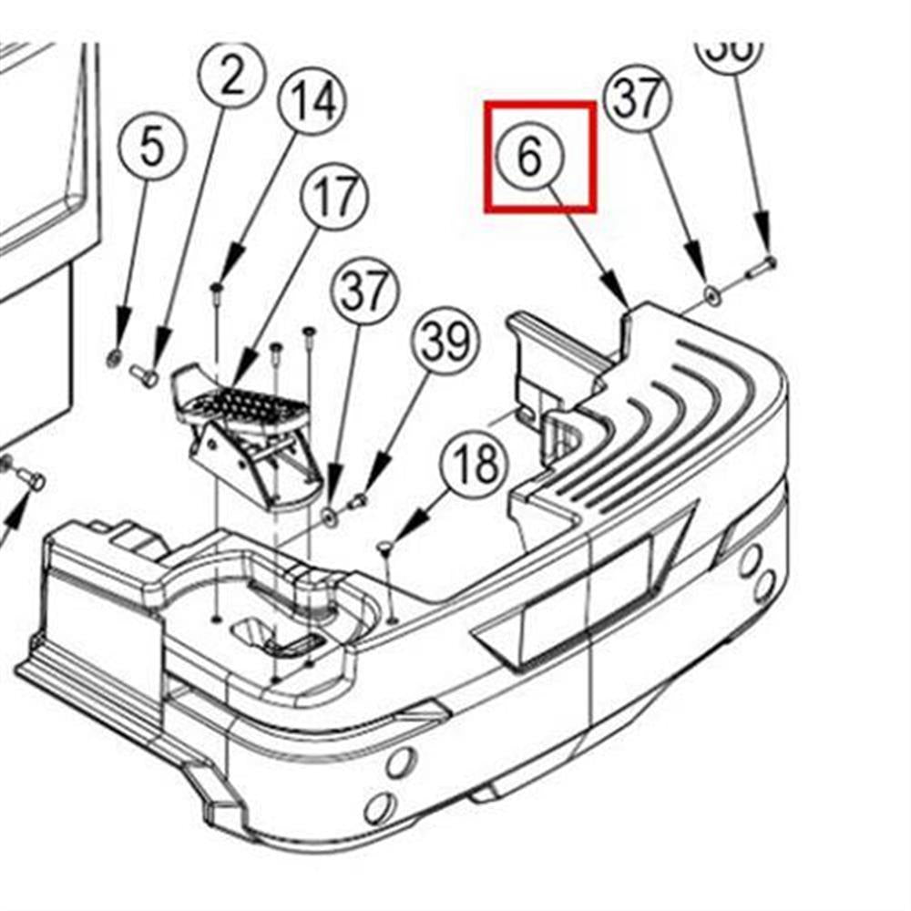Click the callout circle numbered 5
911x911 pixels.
click(151, 147)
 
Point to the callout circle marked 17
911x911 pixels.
click(333, 196)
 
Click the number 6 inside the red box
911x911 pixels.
click(531, 157)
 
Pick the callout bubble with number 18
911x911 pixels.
click(474, 463)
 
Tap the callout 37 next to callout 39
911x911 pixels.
click(364, 292)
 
